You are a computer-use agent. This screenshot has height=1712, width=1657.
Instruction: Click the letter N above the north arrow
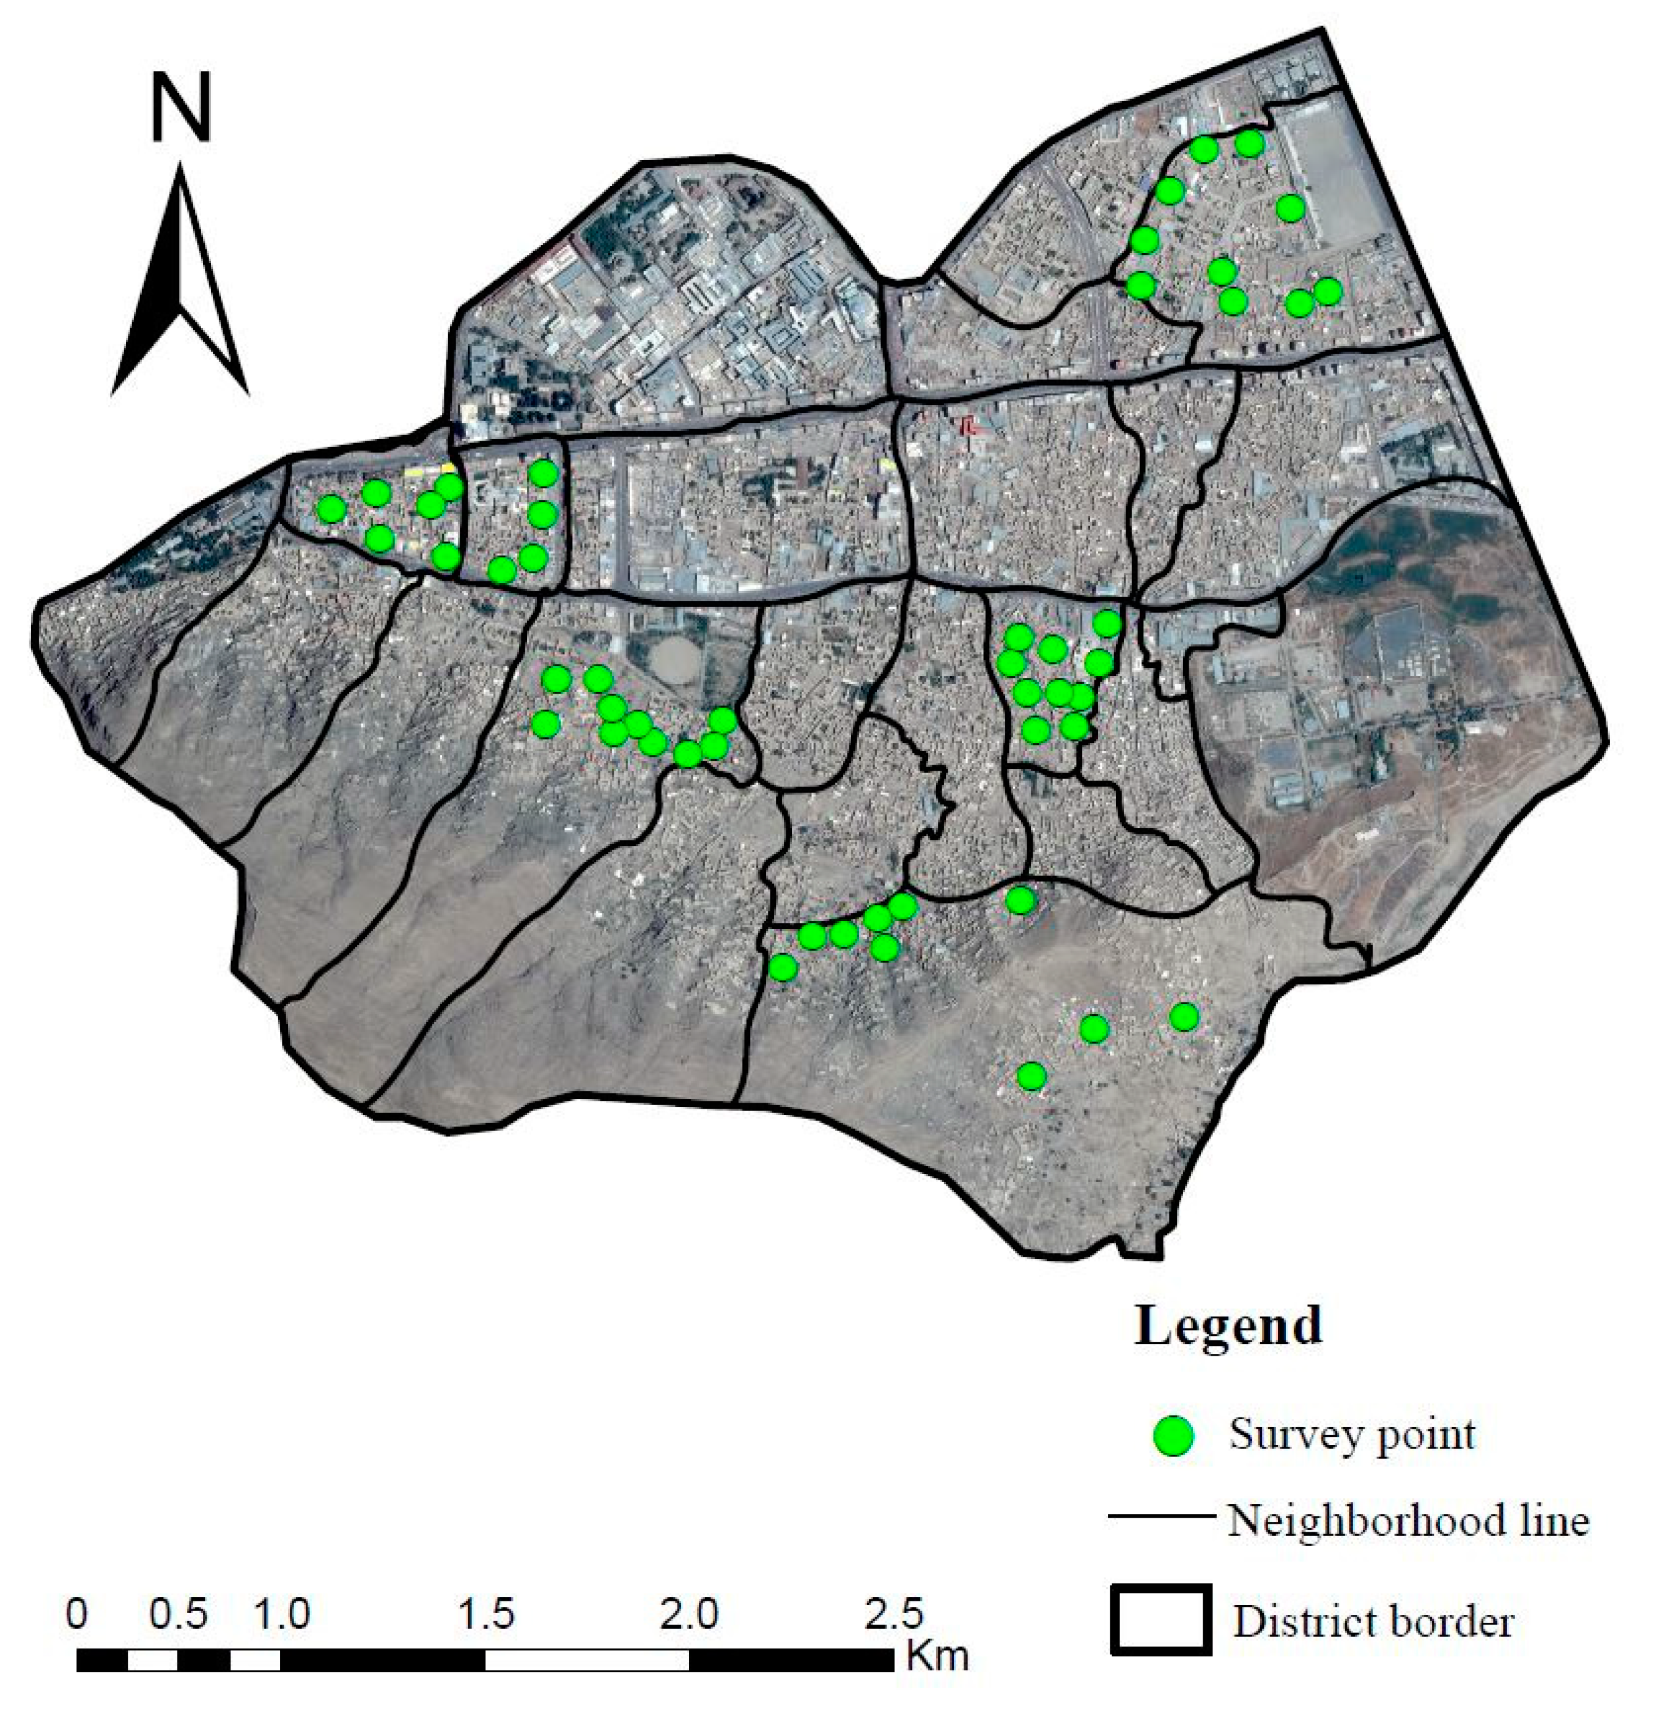[181, 106]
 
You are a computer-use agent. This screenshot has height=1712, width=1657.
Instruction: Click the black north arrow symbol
[180, 288]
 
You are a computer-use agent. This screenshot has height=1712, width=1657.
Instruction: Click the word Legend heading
[1228, 1325]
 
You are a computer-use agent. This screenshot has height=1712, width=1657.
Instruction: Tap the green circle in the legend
[1174, 1435]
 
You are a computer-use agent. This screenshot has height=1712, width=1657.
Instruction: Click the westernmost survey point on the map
[331, 509]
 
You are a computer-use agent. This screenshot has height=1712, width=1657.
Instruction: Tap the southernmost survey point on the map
[1032, 1076]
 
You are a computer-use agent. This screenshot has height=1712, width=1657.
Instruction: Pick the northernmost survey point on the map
[1250, 143]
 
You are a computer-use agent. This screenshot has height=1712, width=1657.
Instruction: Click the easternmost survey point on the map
[1327, 291]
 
